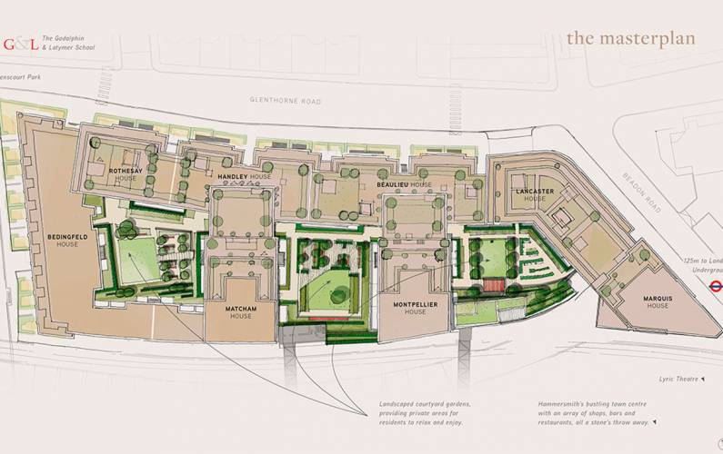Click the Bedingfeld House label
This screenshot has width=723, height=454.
point(66,241)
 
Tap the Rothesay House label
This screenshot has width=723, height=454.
point(126,174)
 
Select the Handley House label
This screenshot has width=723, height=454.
point(243,175)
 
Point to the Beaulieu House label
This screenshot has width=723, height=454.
point(404,184)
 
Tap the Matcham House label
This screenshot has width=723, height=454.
point(241,312)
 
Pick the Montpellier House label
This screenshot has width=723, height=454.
point(415,308)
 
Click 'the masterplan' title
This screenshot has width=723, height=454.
point(630,38)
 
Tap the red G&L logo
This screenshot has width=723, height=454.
point(20,43)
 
